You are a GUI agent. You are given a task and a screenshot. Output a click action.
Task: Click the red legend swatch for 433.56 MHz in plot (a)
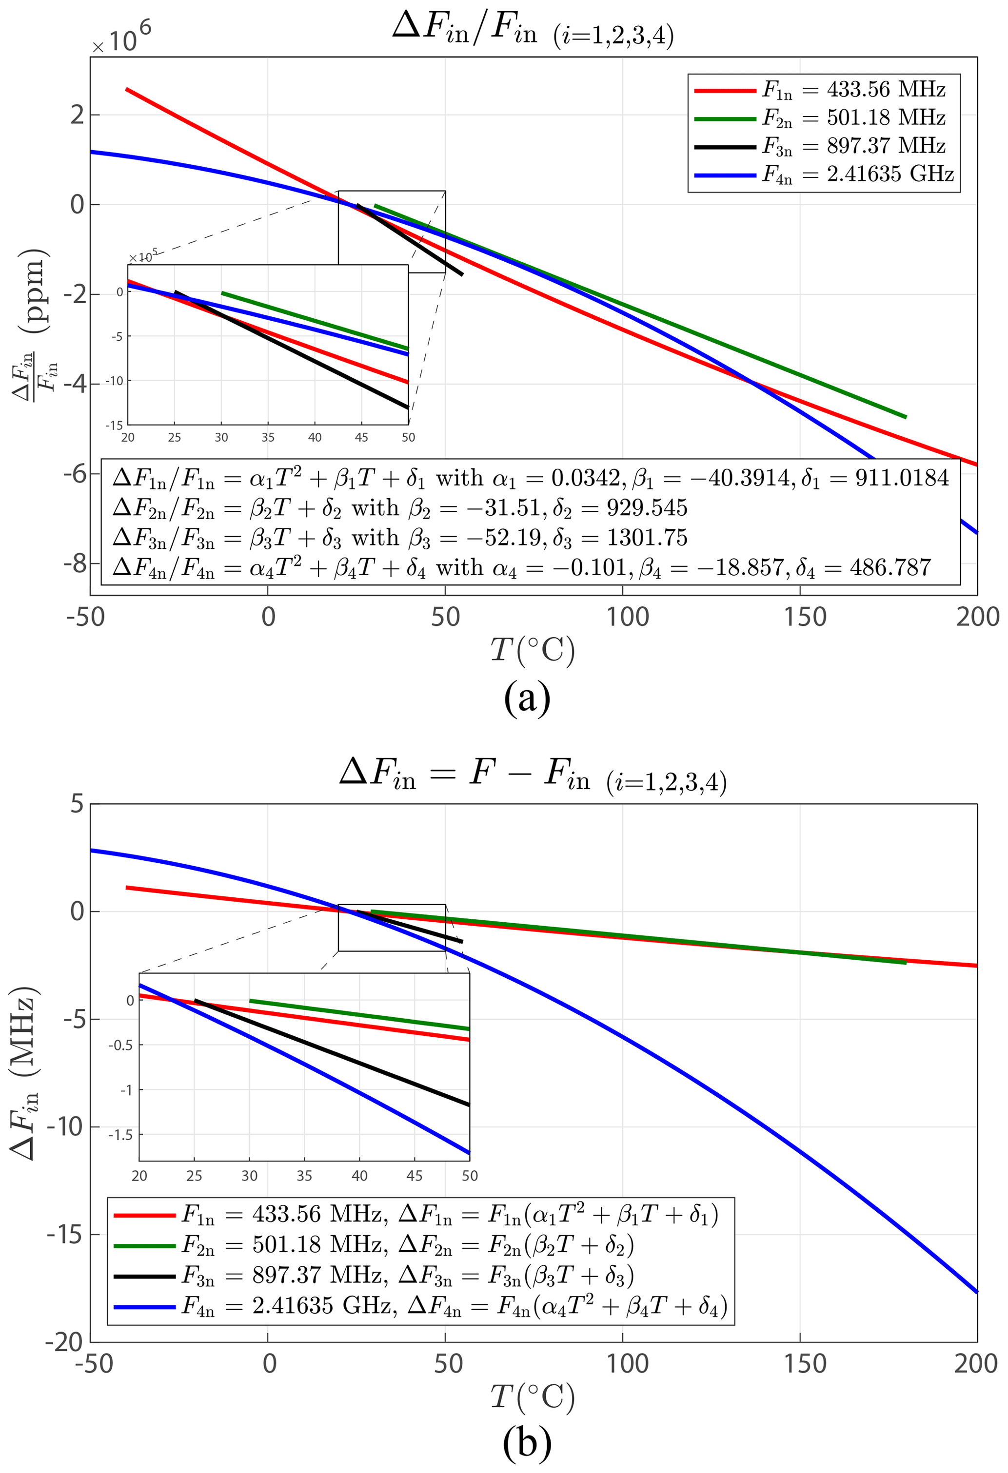click(x=725, y=91)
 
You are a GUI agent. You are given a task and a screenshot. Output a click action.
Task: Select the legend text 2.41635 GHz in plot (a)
click(x=889, y=174)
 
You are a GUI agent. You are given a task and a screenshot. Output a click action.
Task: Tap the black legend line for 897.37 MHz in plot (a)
click(x=725, y=146)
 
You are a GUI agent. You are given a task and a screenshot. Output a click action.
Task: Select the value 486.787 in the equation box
click(x=890, y=567)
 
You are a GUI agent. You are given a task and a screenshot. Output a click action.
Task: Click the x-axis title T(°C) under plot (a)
click(x=533, y=650)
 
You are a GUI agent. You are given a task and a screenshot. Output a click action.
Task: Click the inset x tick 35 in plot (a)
click(x=268, y=437)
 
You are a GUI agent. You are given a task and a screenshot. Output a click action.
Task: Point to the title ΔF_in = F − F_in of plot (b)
click(x=533, y=775)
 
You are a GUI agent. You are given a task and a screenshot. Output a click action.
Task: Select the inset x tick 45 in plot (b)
click(x=415, y=1176)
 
